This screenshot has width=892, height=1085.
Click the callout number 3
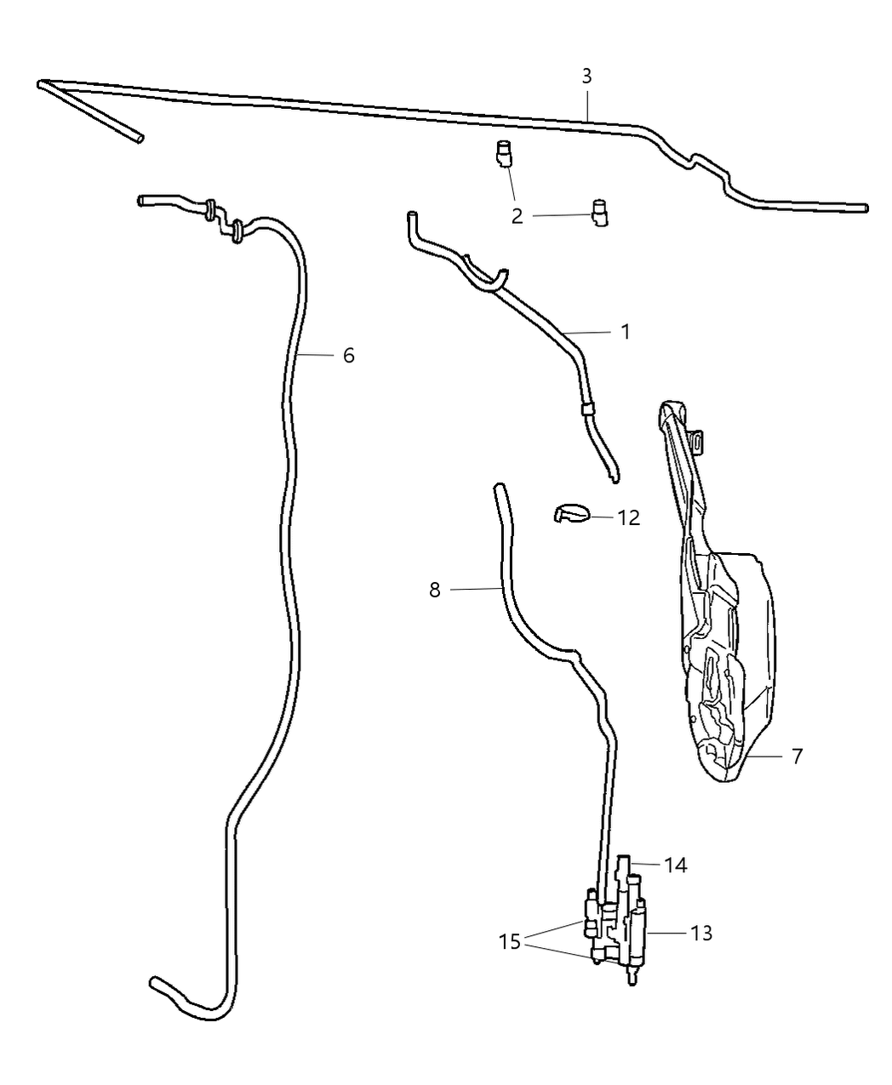click(586, 76)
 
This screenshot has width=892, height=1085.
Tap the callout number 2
click(517, 216)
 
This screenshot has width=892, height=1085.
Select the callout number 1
click(626, 331)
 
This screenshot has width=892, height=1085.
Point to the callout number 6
click(348, 355)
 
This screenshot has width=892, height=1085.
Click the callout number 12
click(628, 517)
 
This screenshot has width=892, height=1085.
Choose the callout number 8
click(435, 590)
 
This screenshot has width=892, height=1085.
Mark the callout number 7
click(797, 756)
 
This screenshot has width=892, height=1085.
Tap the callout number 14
click(675, 865)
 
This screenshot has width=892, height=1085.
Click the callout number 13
click(700, 933)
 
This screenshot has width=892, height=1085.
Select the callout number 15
click(510, 942)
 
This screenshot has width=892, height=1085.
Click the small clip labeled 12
click(570, 513)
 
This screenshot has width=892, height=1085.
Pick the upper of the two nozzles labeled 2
click(505, 153)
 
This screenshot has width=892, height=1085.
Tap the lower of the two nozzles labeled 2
click(601, 213)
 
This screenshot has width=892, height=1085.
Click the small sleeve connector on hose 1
click(586, 409)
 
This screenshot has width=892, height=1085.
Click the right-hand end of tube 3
click(862, 208)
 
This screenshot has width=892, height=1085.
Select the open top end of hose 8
click(500, 488)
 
